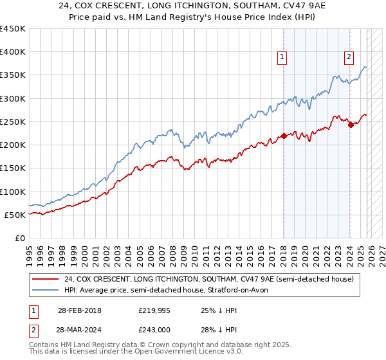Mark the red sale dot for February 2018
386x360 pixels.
284,136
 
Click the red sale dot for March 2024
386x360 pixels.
351,125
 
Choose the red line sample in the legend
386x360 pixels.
46,280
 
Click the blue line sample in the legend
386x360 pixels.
46,291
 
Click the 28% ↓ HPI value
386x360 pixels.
220,330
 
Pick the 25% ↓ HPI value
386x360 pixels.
220,310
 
